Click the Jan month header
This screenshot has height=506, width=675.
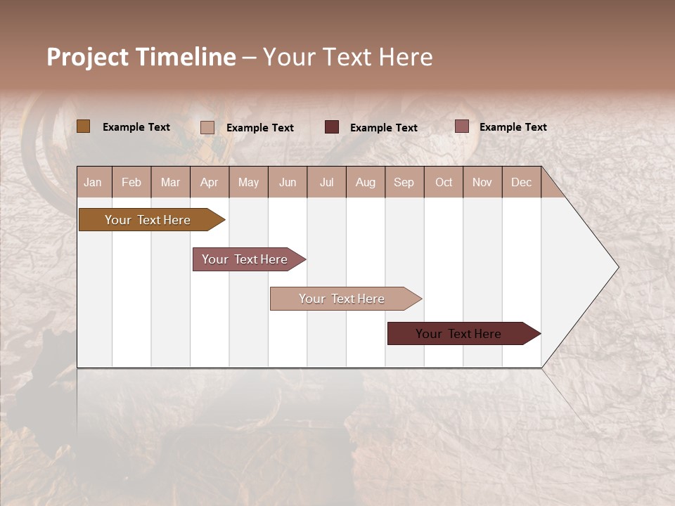tap(94, 182)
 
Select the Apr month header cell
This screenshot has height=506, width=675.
tap(210, 182)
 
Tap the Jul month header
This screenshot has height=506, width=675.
tap(326, 182)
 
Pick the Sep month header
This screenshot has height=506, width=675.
tap(404, 182)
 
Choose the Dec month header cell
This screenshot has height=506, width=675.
tap(521, 182)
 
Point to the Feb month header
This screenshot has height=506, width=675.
tap(131, 182)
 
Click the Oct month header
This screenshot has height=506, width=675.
tap(444, 182)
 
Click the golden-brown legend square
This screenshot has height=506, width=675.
tap(84, 126)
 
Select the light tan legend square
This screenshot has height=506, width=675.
tap(207, 127)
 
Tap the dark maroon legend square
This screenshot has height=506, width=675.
tap(332, 127)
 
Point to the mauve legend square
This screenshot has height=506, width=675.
tap(461, 126)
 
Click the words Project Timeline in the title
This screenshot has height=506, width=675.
tap(141, 57)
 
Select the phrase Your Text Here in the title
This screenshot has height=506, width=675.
tap(347, 57)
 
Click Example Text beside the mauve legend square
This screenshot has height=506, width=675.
tap(513, 127)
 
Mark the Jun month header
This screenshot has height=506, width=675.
tap(288, 182)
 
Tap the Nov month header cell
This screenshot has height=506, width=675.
tap(482, 182)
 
